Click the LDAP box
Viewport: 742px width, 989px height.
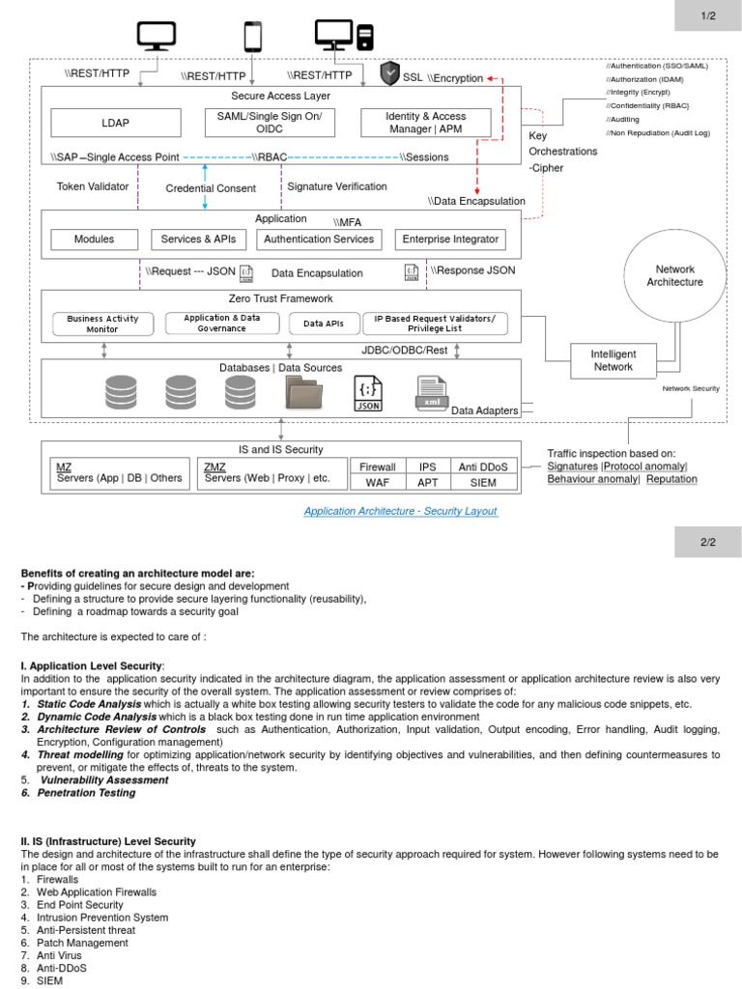pyautogui.click(x=115, y=123)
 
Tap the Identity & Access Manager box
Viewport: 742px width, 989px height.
pyautogui.click(x=426, y=123)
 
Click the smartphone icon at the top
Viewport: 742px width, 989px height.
pyautogui.click(x=252, y=37)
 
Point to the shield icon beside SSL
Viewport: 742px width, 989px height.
pyautogui.click(x=390, y=73)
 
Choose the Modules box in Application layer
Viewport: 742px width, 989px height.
pyautogui.click(x=95, y=239)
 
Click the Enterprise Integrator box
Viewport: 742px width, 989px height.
pyautogui.click(x=450, y=239)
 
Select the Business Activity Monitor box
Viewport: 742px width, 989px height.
pyautogui.click(x=102, y=324)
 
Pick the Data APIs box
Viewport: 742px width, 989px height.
pyautogui.click(x=324, y=324)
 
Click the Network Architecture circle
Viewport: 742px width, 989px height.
pyautogui.click(x=674, y=276)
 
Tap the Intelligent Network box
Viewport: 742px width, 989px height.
pyautogui.click(x=614, y=360)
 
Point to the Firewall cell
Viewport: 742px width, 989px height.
pyautogui.click(x=378, y=466)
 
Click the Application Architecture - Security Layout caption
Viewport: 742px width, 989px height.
pyautogui.click(x=401, y=511)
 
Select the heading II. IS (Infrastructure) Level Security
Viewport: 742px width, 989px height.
pyautogui.click(x=108, y=841)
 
